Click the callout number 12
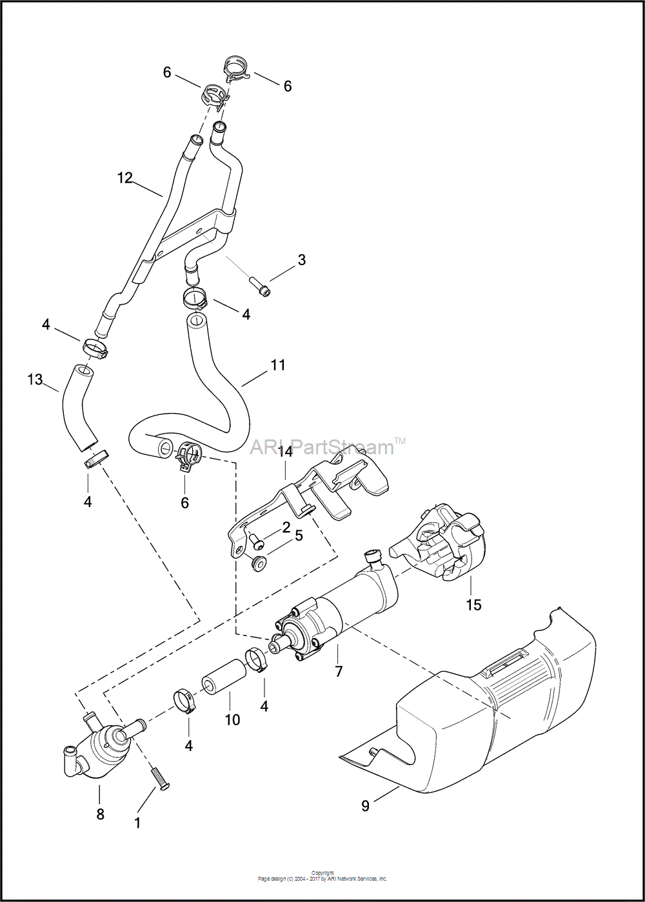[x=124, y=177]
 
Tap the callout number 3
[x=301, y=260]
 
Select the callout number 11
[x=278, y=365]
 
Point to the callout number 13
[x=35, y=379]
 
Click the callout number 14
[x=285, y=452]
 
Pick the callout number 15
[x=474, y=605]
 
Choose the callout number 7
[x=339, y=672]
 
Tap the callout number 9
[x=366, y=806]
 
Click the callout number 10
[x=232, y=719]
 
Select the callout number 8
[x=100, y=814]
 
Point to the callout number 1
[x=137, y=823]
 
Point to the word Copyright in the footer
[x=322, y=873]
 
